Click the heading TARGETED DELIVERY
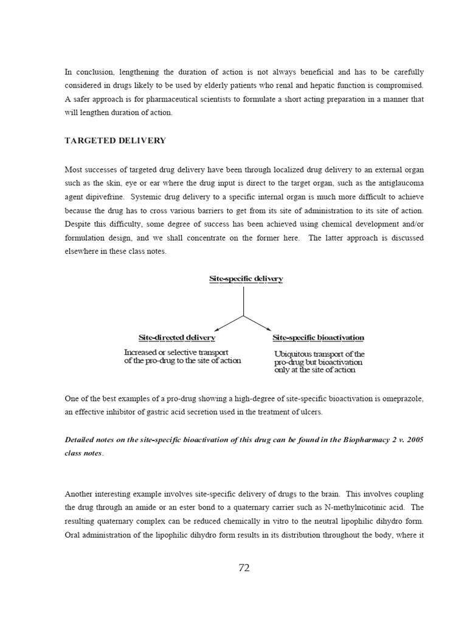[x=115, y=140]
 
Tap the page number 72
[x=244, y=568]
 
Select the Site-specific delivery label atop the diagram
[x=246, y=279]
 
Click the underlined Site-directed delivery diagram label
[x=176, y=337]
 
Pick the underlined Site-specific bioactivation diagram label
[x=318, y=337]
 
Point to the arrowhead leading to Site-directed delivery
[x=216, y=329]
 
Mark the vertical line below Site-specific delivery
[x=244, y=301]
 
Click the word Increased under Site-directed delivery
[x=142, y=352]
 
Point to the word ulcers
[x=311, y=412]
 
